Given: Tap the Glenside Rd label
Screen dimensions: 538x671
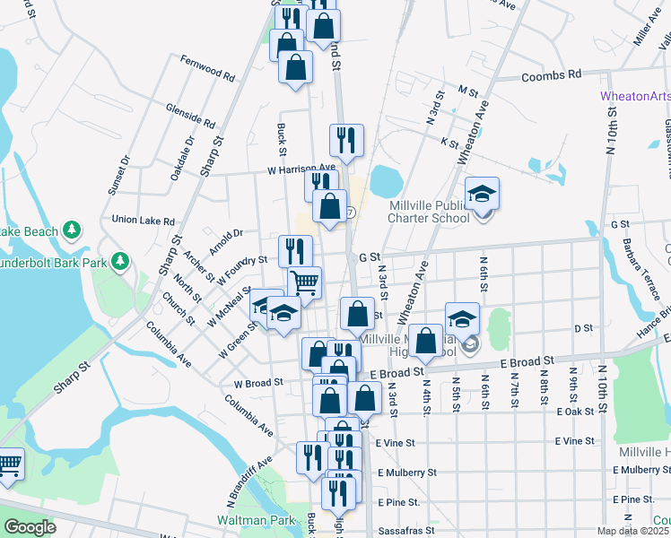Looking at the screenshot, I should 190,114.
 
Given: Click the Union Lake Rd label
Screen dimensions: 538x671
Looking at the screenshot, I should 143,219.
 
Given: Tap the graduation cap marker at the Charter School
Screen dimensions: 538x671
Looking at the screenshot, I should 483,194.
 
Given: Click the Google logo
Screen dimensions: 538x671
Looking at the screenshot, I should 30,527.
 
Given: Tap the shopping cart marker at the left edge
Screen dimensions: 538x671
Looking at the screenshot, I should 8,464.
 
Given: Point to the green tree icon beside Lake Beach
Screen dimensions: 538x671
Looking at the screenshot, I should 73,231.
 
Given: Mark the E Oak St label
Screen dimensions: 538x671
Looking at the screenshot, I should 575,412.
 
